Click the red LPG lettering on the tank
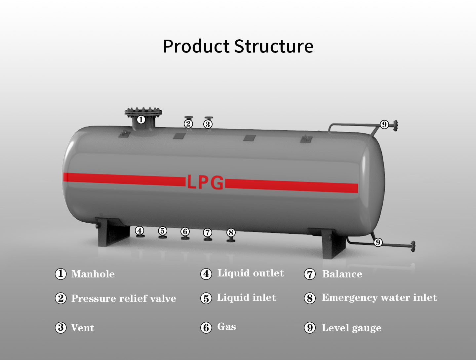[205, 183]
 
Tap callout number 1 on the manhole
[141, 120]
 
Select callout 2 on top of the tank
[188, 124]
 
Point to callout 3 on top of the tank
[208, 124]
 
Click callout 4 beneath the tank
[140, 231]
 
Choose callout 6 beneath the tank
[185, 232]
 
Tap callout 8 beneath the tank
[231, 233]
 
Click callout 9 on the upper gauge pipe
[384, 125]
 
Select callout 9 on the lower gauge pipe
[378, 242]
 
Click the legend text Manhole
[93, 274]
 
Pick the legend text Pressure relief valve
[124, 299]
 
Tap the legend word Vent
[83, 328]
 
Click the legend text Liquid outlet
[251, 273]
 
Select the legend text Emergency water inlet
[379, 298]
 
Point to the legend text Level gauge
[351, 328]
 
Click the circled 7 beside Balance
[310, 274]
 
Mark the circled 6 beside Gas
[206, 328]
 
